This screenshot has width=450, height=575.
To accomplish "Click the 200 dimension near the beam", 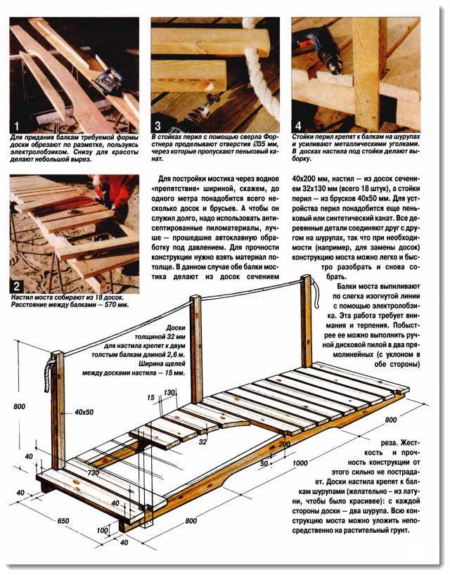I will [x=284, y=444].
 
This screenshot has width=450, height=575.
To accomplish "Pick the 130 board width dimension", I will [x=169, y=392].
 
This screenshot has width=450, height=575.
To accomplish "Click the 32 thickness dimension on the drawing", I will [x=202, y=443].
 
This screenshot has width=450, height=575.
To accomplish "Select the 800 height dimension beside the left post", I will [x=19, y=406].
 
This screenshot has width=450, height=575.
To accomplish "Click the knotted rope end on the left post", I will [x=50, y=366].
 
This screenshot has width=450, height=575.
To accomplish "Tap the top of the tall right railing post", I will [x=306, y=280].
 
